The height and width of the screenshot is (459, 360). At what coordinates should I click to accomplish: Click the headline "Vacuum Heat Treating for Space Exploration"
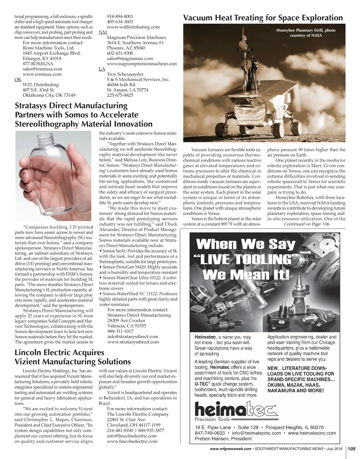point(263,18)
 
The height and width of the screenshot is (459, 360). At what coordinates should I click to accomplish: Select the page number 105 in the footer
point(352,449)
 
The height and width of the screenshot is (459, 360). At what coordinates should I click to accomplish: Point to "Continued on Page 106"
point(307,224)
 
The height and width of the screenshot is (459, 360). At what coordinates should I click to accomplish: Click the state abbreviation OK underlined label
point(18,79)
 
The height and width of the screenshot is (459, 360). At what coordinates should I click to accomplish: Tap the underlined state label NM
point(103,32)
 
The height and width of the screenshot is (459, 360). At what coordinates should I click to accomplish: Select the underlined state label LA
point(102,69)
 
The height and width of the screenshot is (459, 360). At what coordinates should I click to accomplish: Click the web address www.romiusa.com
point(42,74)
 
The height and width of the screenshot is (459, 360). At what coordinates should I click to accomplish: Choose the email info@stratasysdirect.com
point(133,336)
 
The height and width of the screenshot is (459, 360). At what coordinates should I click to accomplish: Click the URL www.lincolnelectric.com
point(132,441)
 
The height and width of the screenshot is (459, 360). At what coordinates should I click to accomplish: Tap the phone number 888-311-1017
point(120,331)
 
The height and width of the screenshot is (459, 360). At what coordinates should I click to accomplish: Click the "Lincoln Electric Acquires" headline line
point(59,353)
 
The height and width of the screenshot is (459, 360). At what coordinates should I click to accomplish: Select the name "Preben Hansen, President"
point(223,439)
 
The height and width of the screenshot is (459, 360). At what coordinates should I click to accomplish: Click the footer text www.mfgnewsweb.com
point(231,449)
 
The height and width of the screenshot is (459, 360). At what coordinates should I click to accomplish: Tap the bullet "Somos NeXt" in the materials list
point(115,251)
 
